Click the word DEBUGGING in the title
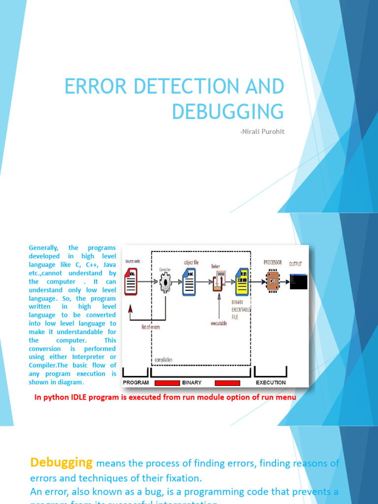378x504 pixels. click(x=228, y=111)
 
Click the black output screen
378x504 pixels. click(x=298, y=282)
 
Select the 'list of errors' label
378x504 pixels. click(x=151, y=326)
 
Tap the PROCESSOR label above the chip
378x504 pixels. click(x=273, y=262)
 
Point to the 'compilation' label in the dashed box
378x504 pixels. click(x=163, y=360)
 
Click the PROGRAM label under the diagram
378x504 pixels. click(x=136, y=382)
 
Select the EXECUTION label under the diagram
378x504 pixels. click(x=271, y=382)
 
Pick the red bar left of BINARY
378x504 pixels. click(x=167, y=383)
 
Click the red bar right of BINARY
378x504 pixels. click(x=227, y=383)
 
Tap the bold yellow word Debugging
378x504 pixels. click(x=62, y=462)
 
